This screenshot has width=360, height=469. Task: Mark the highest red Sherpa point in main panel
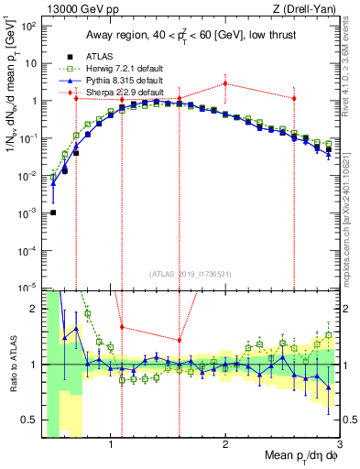[x=225, y=83]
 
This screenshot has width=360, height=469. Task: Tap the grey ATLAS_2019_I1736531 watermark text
[x=191, y=273]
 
